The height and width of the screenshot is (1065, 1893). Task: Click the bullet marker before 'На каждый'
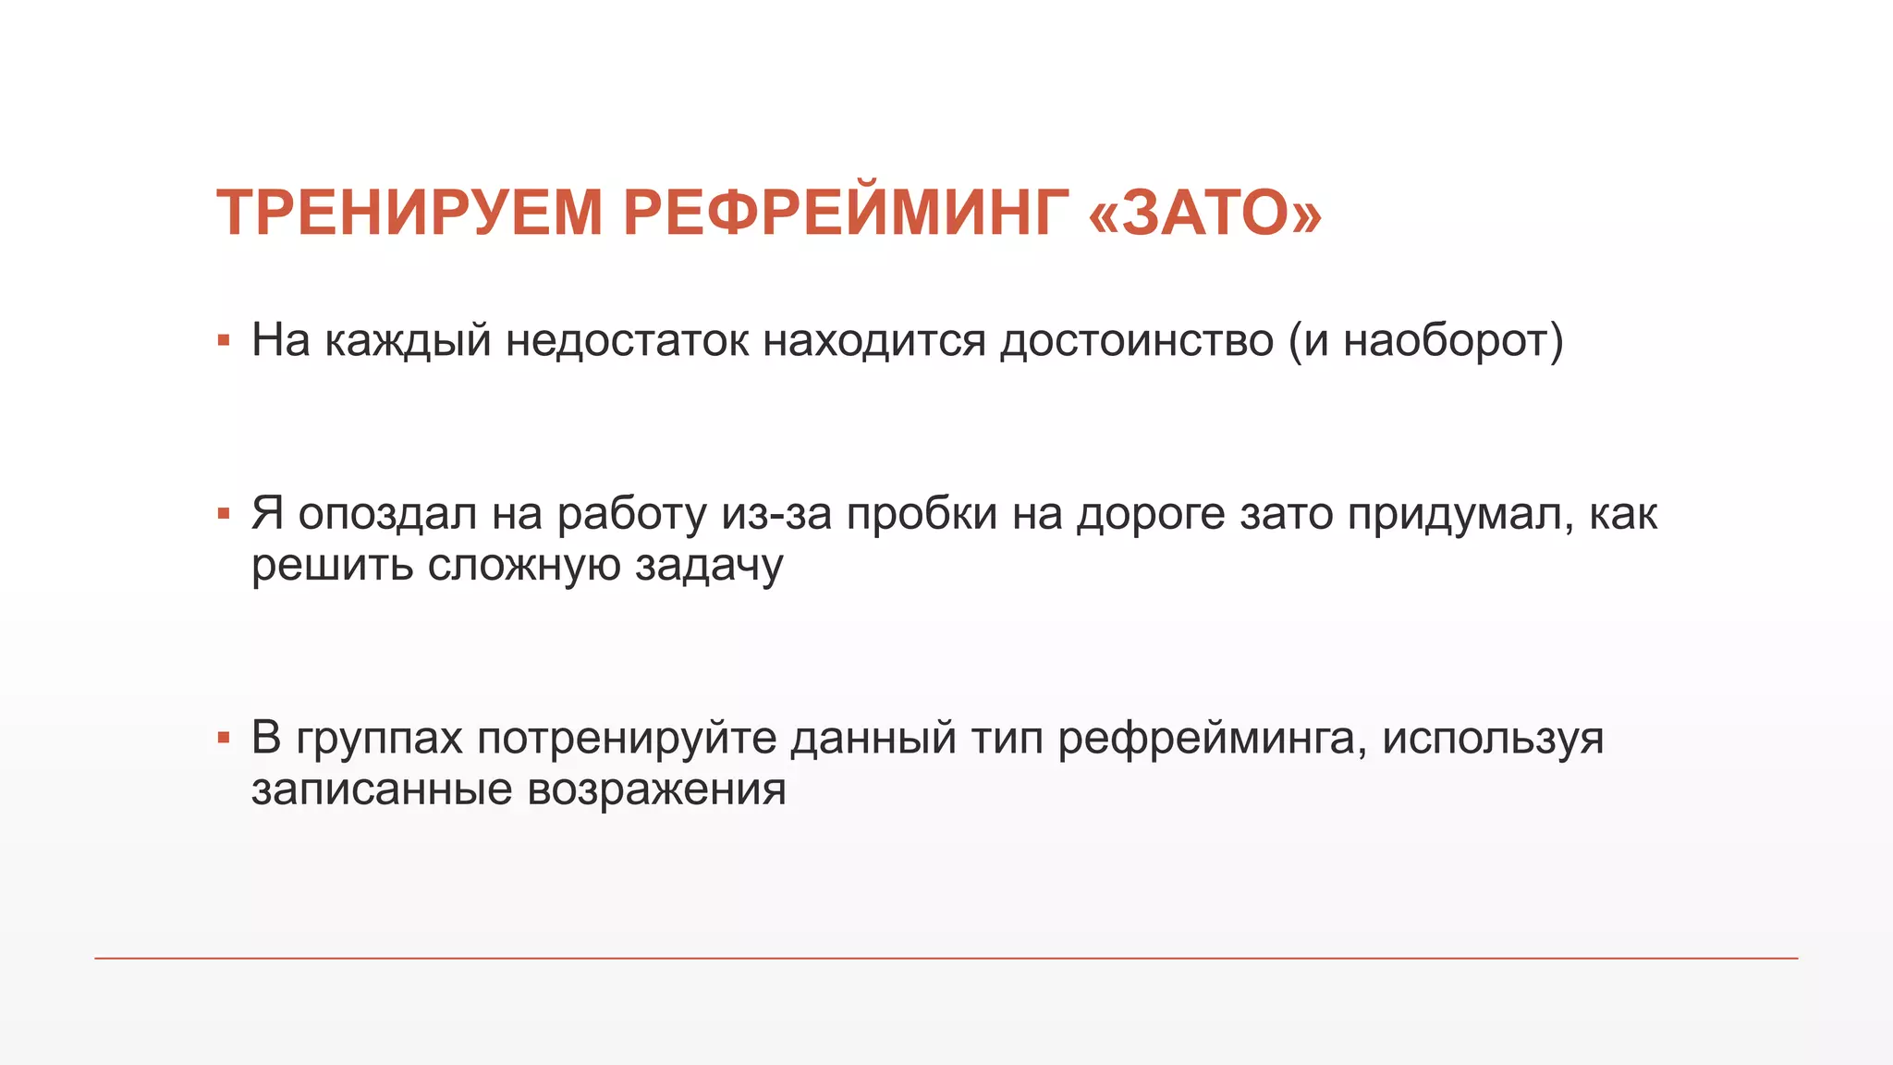click(223, 341)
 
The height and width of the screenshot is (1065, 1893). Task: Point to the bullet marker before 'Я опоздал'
click(223, 514)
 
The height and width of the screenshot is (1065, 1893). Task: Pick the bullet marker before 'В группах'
click(223, 738)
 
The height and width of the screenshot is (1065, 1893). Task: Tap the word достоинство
click(1137, 340)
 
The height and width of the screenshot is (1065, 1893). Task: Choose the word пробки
click(922, 514)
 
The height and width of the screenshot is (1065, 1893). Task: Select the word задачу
click(709, 565)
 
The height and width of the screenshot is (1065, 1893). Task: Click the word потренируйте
click(627, 738)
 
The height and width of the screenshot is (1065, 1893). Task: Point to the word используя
click(1493, 738)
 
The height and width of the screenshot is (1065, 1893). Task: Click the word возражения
click(656, 790)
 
